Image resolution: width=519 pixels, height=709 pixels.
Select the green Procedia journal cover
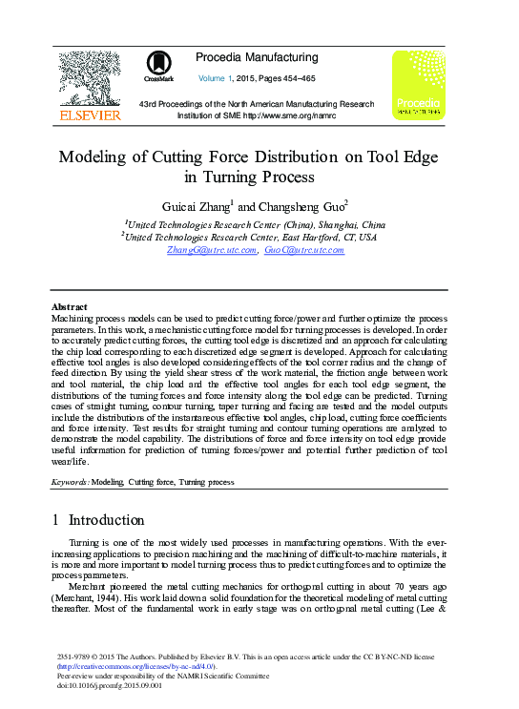click(x=418, y=86)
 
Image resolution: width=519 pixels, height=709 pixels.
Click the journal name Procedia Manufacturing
click(x=257, y=57)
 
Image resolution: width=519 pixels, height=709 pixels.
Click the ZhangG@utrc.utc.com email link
click(x=212, y=250)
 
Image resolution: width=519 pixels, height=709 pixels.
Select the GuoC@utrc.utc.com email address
click(x=304, y=250)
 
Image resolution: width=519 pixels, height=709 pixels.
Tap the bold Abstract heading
click(x=69, y=307)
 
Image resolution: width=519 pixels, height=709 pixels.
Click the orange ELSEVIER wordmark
click(x=90, y=115)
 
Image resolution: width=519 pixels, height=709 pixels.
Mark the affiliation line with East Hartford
click(x=250, y=237)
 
